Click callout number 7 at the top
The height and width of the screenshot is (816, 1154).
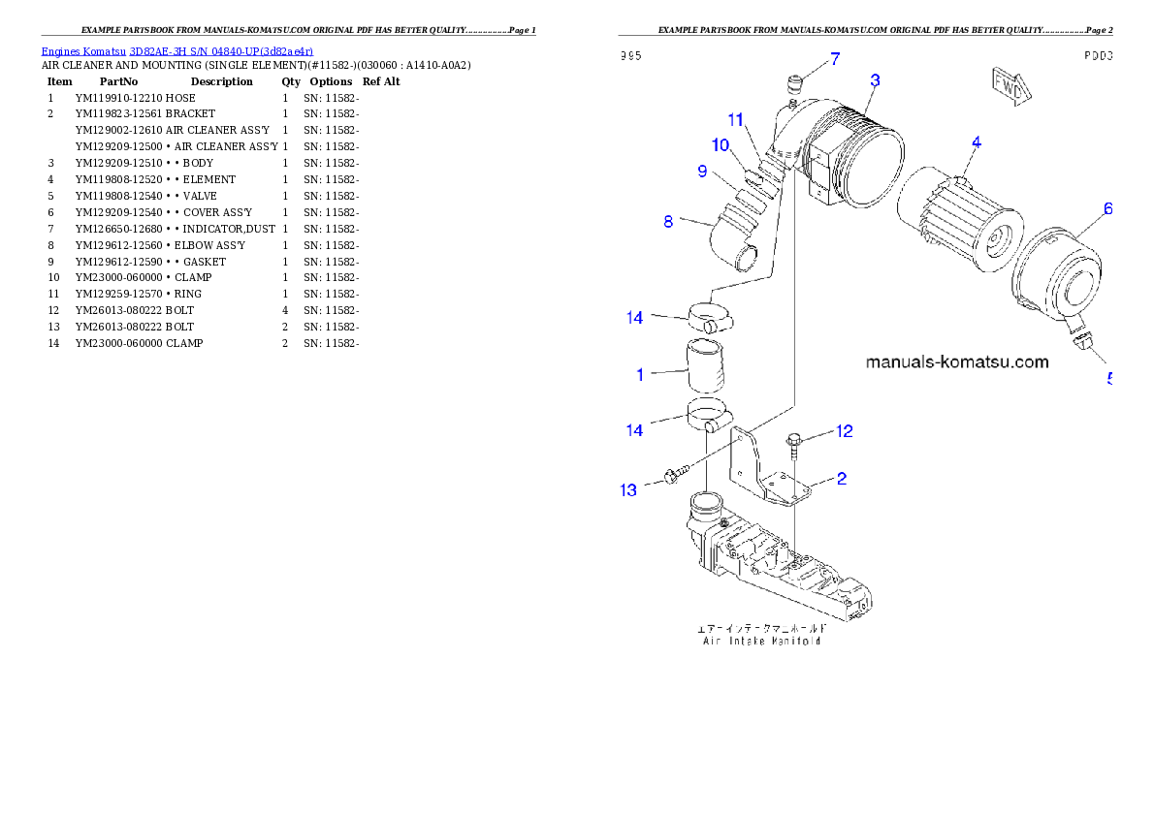pyautogui.click(x=835, y=61)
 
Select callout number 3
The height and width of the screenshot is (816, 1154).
pyautogui.click(x=875, y=80)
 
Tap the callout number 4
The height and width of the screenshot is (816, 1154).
pyautogui.click(x=976, y=142)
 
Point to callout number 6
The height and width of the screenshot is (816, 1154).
pyautogui.click(x=1107, y=208)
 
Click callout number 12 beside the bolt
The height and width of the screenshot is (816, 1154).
pyautogui.click(x=845, y=431)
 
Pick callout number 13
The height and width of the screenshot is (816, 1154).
pyautogui.click(x=629, y=490)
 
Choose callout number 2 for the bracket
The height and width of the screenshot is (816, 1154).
pyautogui.click(x=842, y=478)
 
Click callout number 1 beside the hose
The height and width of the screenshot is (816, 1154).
pyautogui.click(x=640, y=374)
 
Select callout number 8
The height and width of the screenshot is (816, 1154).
pyautogui.click(x=668, y=222)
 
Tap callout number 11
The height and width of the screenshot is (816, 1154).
pyautogui.click(x=736, y=120)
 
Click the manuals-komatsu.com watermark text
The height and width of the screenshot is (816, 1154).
pyautogui.click(x=956, y=362)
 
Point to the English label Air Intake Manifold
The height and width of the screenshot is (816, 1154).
pyautogui.click(x=761, y=641)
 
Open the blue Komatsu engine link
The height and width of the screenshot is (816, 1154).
pyautogui.click(x=176, y=51)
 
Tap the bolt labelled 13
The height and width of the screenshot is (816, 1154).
pyautogui.click(x=673, y=474)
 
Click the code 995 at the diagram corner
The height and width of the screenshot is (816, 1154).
pyautogui.click(x=631, y=57)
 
